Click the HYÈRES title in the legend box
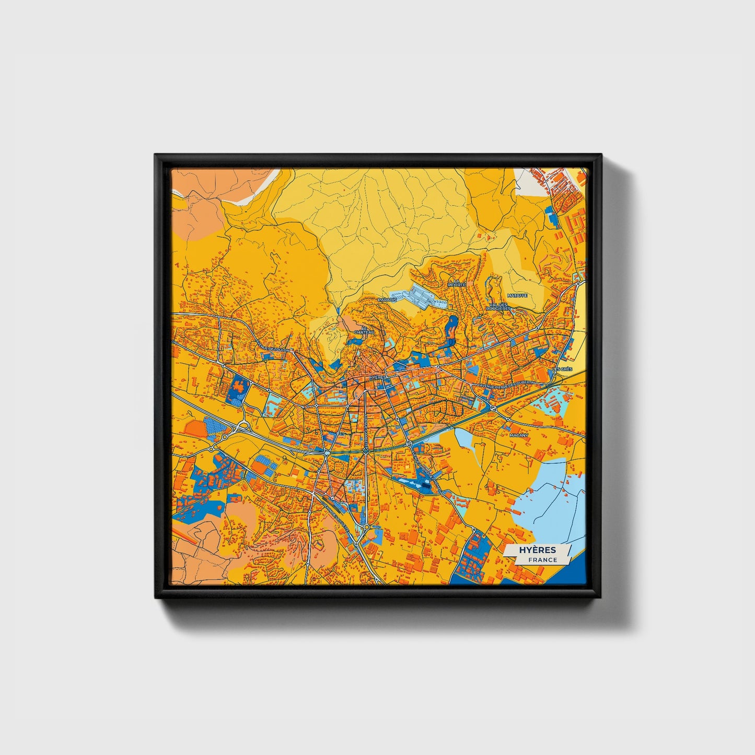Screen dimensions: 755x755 pos(538,550)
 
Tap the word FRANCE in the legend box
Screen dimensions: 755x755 pos(542,560)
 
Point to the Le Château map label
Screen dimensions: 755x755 pos(364,330)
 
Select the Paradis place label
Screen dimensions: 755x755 pos(387,300)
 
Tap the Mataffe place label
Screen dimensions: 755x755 pos(517,295)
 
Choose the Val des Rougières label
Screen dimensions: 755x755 pos(498,307)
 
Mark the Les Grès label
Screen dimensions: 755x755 pos(562,369)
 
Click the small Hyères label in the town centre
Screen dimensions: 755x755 pos(377,377)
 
